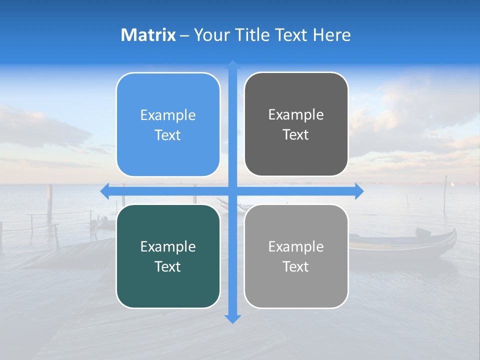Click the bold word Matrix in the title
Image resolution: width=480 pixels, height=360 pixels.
(x=148, y=35)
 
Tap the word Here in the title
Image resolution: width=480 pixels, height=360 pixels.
(x=332, y=35)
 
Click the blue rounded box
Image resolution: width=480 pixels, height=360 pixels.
(x=168, y=124)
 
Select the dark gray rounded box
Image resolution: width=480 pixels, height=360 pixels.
(x=296, y=124)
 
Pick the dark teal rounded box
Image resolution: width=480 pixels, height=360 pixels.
(x=168, y=256)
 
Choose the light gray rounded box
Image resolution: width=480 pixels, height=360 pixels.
(x=296, y=256)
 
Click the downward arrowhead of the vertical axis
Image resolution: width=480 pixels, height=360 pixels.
(x=232, y=318)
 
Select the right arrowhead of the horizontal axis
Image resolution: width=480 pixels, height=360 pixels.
(x=359, y=191)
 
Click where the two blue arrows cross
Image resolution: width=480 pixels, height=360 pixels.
(x=232, y=191)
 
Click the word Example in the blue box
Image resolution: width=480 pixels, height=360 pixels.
(x=168, y=115)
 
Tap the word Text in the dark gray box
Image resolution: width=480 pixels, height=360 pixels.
(x=296, y=135)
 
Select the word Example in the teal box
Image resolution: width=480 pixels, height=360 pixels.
(x=168, y=247)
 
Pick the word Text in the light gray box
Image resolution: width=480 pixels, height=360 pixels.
(x=296, y=266)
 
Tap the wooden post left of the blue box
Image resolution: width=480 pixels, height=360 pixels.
(x=49, y=200)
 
